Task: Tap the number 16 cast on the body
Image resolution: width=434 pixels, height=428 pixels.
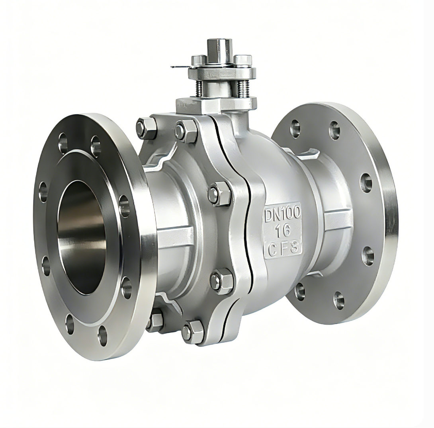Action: [282, 230]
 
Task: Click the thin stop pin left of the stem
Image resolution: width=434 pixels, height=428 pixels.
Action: [180, 67]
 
